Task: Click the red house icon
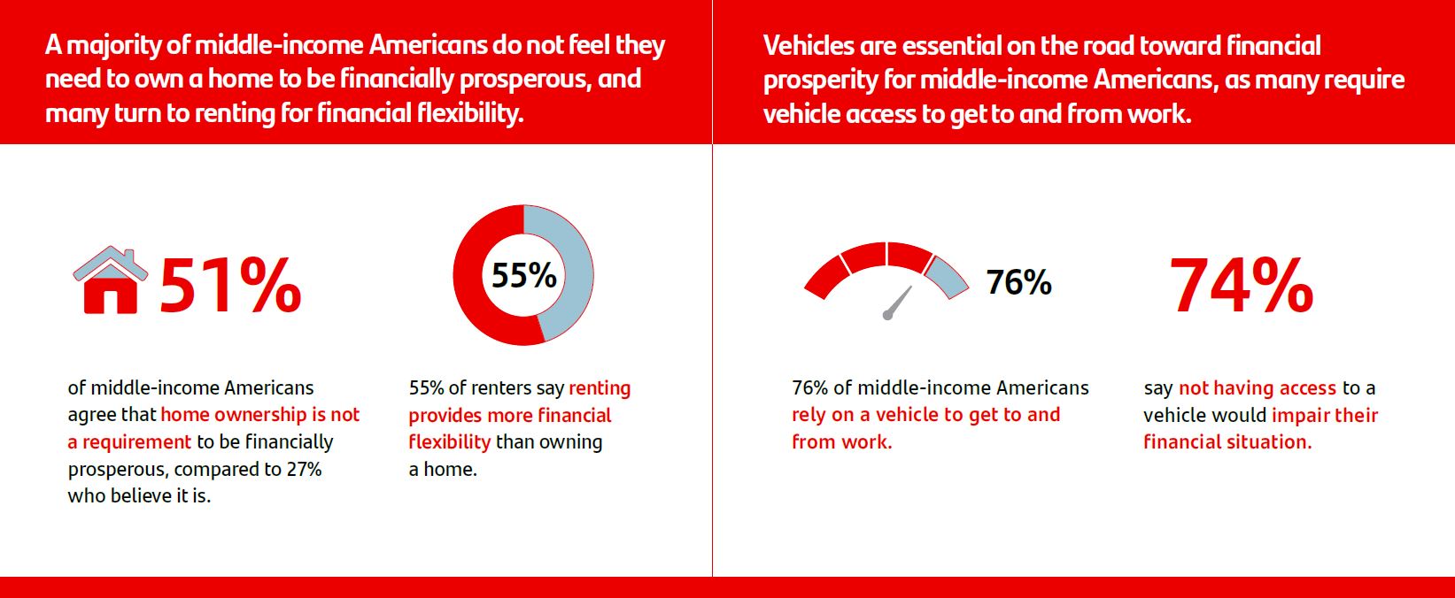[111, 280]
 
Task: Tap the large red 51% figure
[230, 286]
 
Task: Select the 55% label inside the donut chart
[523, 275]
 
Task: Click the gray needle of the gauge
[898, 303]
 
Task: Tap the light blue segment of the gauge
[947, 276]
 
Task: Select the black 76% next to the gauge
[1018, 282]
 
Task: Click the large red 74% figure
[1242, 286]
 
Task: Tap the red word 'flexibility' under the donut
[450, 441]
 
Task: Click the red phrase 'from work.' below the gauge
[842, 441]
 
